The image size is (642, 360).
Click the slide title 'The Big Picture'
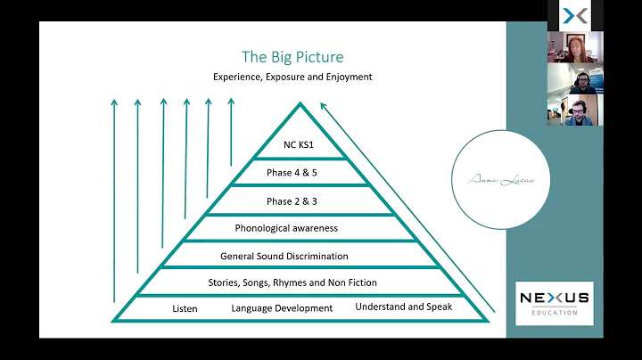click(292, 57)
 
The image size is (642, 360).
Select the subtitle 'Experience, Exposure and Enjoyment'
click(292, 78)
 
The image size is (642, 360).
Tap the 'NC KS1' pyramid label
click(299, 146)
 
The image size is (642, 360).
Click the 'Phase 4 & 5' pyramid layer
click(299, 173)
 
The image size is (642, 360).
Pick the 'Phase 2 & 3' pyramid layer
click(299, 200)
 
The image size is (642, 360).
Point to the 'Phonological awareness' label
click(299, 228)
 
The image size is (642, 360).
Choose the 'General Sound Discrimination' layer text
click(297, 256)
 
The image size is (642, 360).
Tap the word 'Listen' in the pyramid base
click(185, 308)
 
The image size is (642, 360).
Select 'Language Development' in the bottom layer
click(282, 308)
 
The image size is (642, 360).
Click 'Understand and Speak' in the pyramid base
click(403, 307)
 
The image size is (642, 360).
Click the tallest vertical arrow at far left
click(114, 200)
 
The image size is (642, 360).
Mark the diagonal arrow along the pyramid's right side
click(406, 209)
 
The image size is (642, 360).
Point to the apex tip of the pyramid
click(300, 103)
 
